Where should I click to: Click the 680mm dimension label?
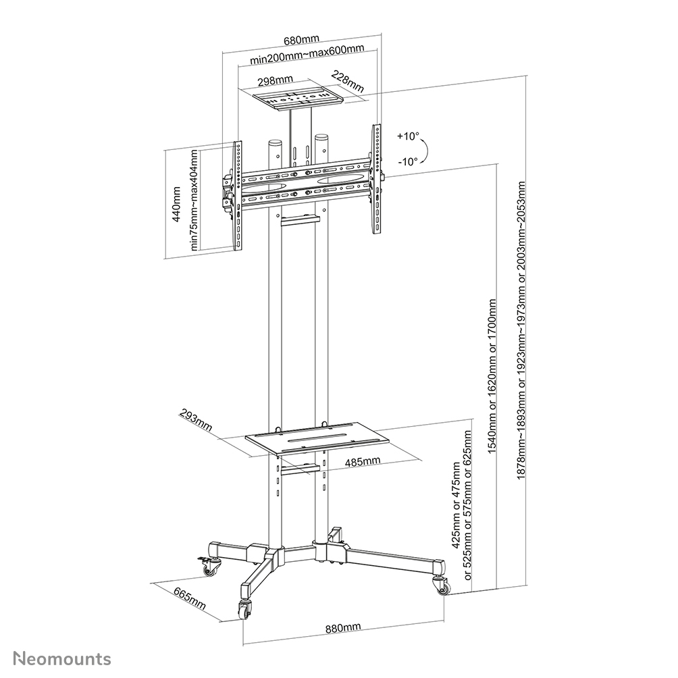[301, 40]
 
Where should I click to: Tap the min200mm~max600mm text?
[307, 58]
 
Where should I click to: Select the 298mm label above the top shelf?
[274, 80]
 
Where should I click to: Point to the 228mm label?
[349, 82]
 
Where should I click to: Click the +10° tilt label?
[407, 136]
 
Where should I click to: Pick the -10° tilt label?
[407, 161]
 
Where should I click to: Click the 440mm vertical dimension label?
[177, 204]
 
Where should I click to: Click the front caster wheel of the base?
[244, 609]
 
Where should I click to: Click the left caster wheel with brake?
[209, 566]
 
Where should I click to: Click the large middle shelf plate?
[317, 441]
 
